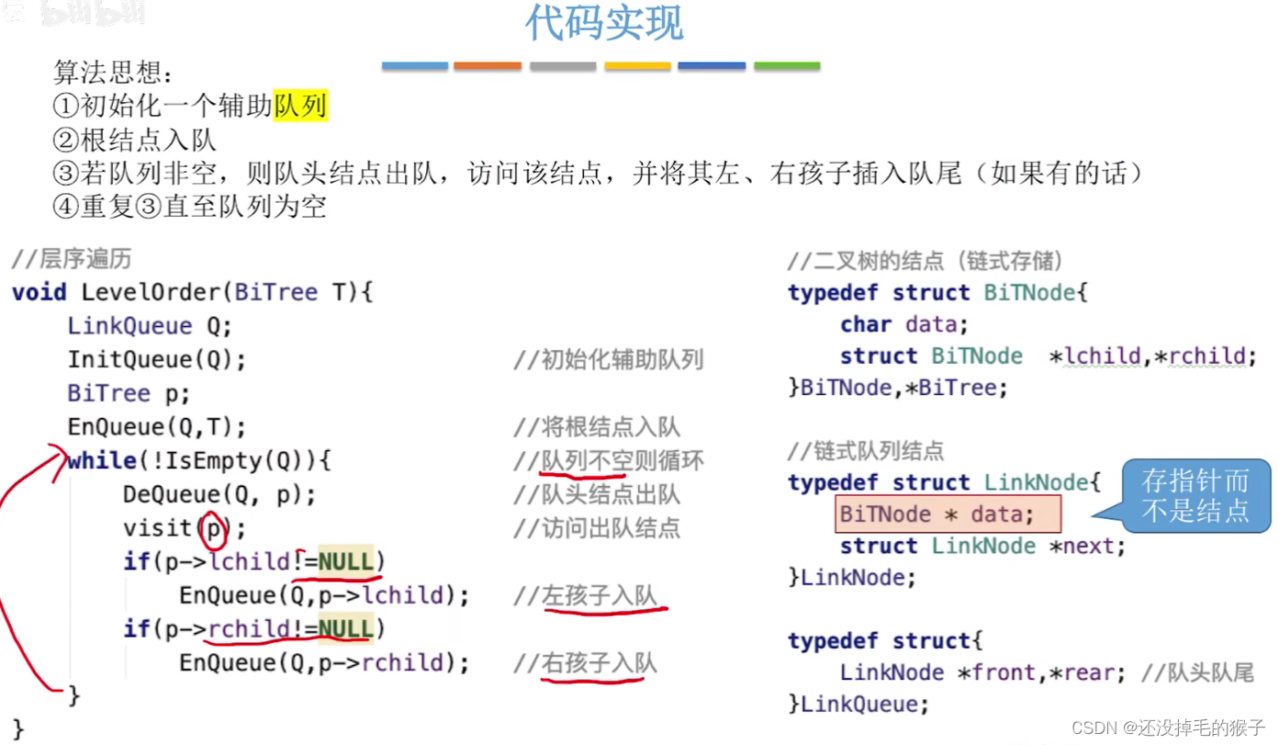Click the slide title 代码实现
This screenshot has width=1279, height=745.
point(604,24)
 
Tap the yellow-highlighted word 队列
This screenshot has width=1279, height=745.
point(300,107)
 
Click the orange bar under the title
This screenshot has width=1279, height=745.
point(487,66)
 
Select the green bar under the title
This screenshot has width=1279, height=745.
point(787,66)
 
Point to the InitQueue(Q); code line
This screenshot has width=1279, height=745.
point(157,359)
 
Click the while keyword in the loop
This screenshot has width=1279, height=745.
point(101,460)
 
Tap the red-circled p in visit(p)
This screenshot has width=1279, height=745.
point(213,528)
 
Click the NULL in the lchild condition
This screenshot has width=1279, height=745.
point(345,561)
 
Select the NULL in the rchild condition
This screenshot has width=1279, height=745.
point(345,629)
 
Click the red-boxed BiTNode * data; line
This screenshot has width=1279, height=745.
point(948,514)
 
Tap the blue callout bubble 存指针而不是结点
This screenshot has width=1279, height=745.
point(1195,495)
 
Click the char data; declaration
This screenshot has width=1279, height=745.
point(903,324)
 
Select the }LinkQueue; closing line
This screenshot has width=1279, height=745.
point(858,705)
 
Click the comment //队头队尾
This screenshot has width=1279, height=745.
point(1197,673)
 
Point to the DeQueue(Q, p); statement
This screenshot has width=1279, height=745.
point(219,495)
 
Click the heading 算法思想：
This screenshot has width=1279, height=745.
point(113,73)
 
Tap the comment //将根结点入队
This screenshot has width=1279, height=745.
point(597,427)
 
